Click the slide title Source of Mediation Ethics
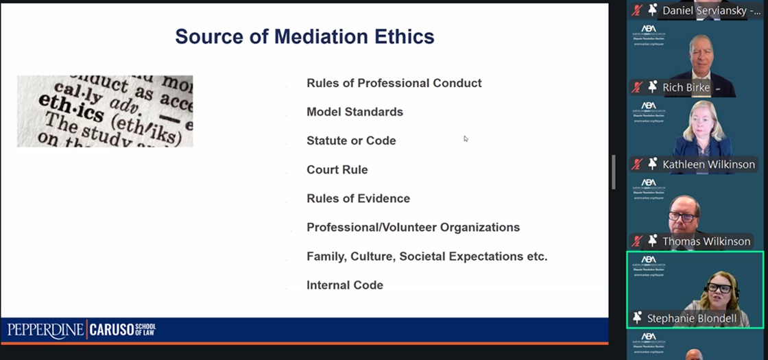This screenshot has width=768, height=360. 304,36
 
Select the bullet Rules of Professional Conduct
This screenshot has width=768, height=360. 394,83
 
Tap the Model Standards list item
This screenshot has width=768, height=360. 355,112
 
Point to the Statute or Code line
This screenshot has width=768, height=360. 351,141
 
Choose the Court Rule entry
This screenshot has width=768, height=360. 337,169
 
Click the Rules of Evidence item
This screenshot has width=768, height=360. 358,198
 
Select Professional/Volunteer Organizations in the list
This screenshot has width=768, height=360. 413,227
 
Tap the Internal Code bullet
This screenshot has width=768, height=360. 344,285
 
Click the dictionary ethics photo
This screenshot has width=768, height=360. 105,111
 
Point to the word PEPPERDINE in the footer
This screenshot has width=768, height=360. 45,330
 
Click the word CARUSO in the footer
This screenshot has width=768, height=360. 112,330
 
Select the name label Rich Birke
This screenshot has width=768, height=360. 686,88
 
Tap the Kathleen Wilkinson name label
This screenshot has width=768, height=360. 708,164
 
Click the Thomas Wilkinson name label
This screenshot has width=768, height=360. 706,241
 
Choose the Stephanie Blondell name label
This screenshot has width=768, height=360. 692,318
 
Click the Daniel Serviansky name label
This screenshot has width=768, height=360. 708,11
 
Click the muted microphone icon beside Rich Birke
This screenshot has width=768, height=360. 638,88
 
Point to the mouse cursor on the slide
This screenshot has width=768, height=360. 466,139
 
